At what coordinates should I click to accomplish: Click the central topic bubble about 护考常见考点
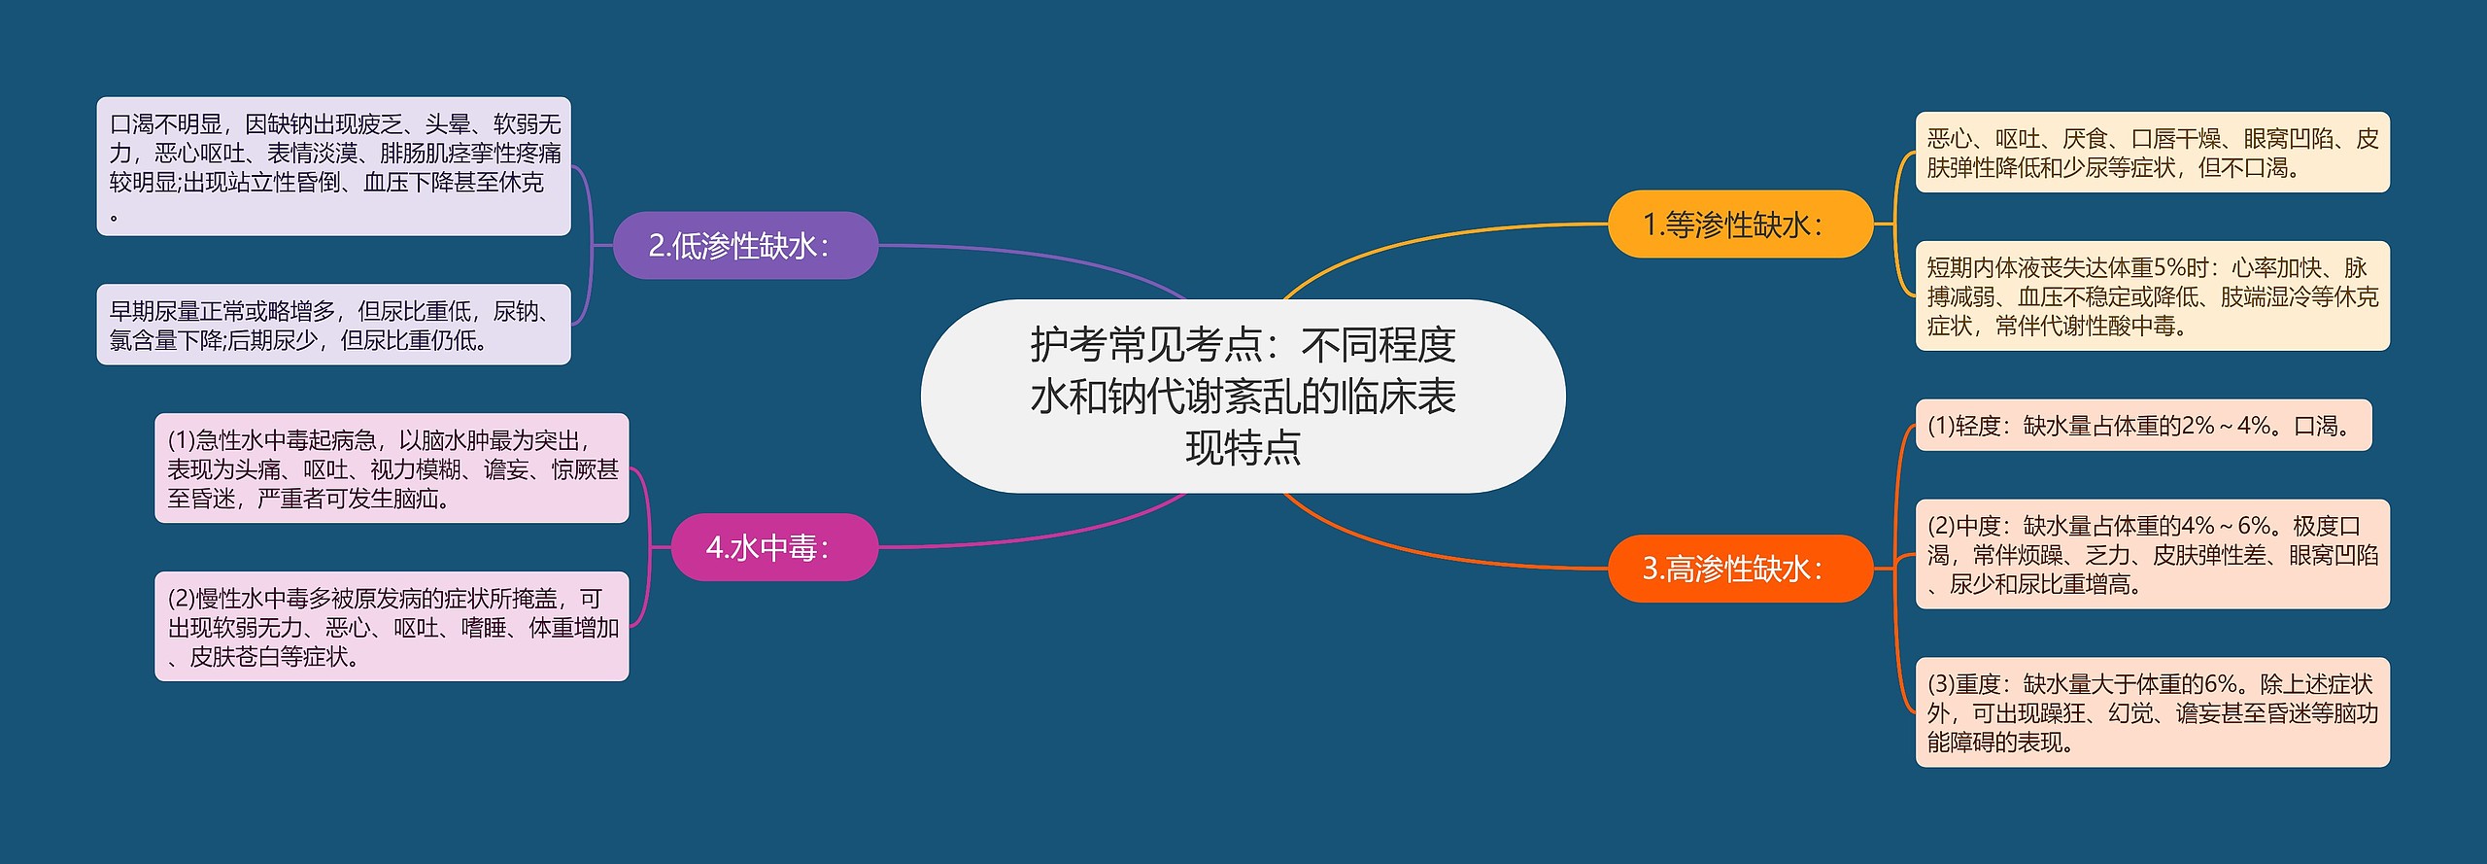(x=1243, y=396)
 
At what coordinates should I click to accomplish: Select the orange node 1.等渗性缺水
(x=1740, y=225)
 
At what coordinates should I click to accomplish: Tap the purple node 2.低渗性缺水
(x=745, y=246)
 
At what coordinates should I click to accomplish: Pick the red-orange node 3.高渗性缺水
(x=1740, y=569)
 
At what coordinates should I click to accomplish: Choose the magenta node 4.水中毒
(x=774, y=547)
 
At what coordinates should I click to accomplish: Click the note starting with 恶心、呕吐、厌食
(x=2152, y=153)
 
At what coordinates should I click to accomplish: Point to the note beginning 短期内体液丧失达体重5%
(x=2152, y=295)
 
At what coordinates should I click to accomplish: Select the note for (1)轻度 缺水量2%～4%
(x=2142, y=426)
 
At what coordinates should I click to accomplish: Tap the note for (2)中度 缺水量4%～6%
(x=2152, y=554)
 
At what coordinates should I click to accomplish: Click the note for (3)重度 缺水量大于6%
(x=2152, y=712)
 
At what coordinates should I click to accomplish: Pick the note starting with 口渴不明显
(x=333, y=166)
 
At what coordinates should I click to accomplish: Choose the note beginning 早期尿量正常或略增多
(x=333, y=325)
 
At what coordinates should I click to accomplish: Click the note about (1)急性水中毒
(x=392, y=468)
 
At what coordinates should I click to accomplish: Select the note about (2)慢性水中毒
(x=392, y=627)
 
